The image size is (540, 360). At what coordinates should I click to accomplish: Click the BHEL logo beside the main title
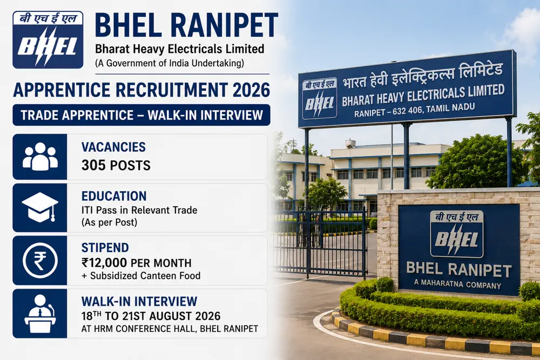(x=48, y=39)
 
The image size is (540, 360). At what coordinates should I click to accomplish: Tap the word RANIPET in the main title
(x=224, y=25)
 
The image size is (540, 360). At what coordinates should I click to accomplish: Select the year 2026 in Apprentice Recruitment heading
(x=252, y=90)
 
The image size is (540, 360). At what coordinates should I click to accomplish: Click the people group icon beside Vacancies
(x=40, y=157)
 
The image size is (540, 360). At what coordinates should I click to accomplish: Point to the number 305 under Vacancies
(x=93, y=166)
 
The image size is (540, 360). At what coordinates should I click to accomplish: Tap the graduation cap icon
(x=40, y=207)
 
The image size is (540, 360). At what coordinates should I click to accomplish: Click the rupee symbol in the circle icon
(x=39, y=261)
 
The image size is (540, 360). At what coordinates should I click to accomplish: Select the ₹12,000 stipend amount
(x=104, y=263)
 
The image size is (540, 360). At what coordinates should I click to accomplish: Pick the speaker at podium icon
(x=40, y=314)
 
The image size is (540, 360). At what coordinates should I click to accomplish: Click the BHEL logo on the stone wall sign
(x=457, y=234)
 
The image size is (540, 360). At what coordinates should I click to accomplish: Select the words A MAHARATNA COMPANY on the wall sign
(x=458, y=284)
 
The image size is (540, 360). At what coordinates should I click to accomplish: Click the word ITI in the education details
(x=87, y=210)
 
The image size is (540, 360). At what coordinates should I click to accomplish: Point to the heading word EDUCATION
(x=114, y=196)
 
